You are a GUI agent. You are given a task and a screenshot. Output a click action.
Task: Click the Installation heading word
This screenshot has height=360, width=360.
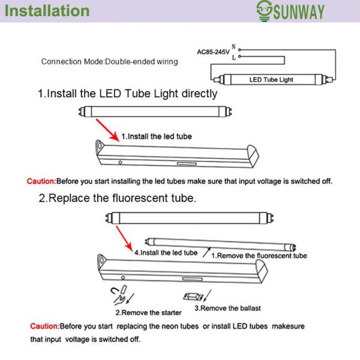coord(47,11)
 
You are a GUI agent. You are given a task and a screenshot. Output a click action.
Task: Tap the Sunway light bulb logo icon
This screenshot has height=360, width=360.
coord(264,11)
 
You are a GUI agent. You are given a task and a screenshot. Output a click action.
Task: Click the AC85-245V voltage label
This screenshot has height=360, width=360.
coord(213,52)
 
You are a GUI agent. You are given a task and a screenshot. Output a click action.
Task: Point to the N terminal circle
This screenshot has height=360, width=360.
coord(239,50)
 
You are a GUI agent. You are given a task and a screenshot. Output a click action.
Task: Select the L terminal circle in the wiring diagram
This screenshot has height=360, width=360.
coord(239,56)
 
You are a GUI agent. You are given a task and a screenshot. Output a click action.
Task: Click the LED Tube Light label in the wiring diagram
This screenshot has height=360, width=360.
coord(271,80)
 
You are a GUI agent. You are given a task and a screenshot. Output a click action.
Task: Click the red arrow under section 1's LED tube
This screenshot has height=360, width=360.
coord(107,130)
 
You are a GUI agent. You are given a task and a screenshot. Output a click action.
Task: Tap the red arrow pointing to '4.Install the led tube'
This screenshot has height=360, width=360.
coord(124,239)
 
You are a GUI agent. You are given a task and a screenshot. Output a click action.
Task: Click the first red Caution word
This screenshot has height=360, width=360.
coord(41,181)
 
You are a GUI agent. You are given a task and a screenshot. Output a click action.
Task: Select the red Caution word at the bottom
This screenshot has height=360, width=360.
coord(45,326)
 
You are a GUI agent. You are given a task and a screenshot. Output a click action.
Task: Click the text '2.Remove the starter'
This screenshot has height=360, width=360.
coord(148,313)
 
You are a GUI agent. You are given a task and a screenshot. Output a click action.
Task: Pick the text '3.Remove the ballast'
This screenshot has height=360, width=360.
coord(227,308)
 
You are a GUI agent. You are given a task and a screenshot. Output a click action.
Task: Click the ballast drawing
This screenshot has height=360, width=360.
coord(193,297)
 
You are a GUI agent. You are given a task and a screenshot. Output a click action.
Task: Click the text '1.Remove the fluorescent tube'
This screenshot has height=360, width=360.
coord(259,256)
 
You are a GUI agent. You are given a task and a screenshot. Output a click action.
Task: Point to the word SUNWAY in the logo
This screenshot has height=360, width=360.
coord(298,12)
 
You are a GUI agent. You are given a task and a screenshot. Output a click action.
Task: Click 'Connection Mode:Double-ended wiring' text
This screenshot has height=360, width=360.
coord(110,62)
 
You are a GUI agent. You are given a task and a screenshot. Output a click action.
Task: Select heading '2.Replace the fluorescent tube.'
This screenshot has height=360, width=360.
coord(118,198)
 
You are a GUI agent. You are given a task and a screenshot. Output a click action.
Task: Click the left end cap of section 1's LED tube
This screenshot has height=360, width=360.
coord(82,112)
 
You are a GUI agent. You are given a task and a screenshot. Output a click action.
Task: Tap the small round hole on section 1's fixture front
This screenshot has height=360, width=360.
coord(120,163)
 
